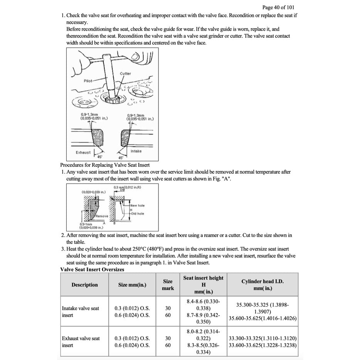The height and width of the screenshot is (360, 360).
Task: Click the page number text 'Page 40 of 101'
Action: pyautogui.click(x=279, y=7)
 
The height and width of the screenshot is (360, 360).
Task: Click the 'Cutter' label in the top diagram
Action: pyautogui.click(x=125, y=73)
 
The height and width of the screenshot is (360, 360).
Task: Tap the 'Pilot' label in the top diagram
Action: pyautogui.click(x=88, y=81)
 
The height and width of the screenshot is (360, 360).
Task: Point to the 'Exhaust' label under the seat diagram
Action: pyautogui.click(x=83, y=152)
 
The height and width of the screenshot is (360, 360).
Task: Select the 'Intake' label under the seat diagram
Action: pyautogui.click(x=136, y=151)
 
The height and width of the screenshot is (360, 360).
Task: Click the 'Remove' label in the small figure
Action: pyautogui.click(x=102, y=216)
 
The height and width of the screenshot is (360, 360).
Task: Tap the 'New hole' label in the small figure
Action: pyautogui.click(x=137, y=205)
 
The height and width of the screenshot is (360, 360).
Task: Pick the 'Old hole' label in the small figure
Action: pyautogui.click(x=137, y=214)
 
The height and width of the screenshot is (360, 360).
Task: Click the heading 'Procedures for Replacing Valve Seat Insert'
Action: pyautogui.click(x=105, y=165)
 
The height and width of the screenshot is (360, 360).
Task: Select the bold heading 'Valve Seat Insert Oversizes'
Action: pyautogui.click(x=92, y=269)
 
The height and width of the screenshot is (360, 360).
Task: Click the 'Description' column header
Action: pyautogui.click(x=84, y=285)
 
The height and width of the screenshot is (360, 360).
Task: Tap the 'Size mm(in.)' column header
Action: pyautogui.click(x=132, y=285)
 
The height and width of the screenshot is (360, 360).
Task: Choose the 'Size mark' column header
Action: pyautogui.click(x=168, y=285)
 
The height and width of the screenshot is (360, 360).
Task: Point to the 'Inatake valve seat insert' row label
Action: pyautogui.click(x=81, y=311)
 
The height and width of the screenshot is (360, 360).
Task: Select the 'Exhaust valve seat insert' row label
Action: pyautogui.click(x=81, y=341)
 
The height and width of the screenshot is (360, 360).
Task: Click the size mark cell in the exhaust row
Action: pyautogui.click(x=168, y=341)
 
